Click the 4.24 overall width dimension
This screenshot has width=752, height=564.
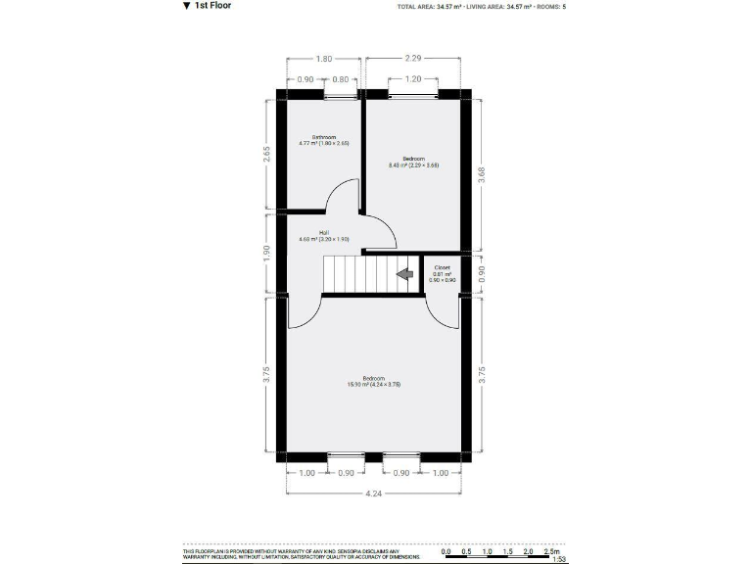(x=375, y=493)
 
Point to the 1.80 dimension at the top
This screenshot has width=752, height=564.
(x=323, y=59)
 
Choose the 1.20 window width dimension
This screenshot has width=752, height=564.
(x=413, y=78)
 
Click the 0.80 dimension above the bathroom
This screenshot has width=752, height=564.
(x=340, y=78)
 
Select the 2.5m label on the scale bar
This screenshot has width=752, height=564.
(x=550, y=551)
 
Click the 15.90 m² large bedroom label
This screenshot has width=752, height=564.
(x=374, y=381)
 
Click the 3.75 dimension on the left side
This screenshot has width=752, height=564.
(x=268, y=375)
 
